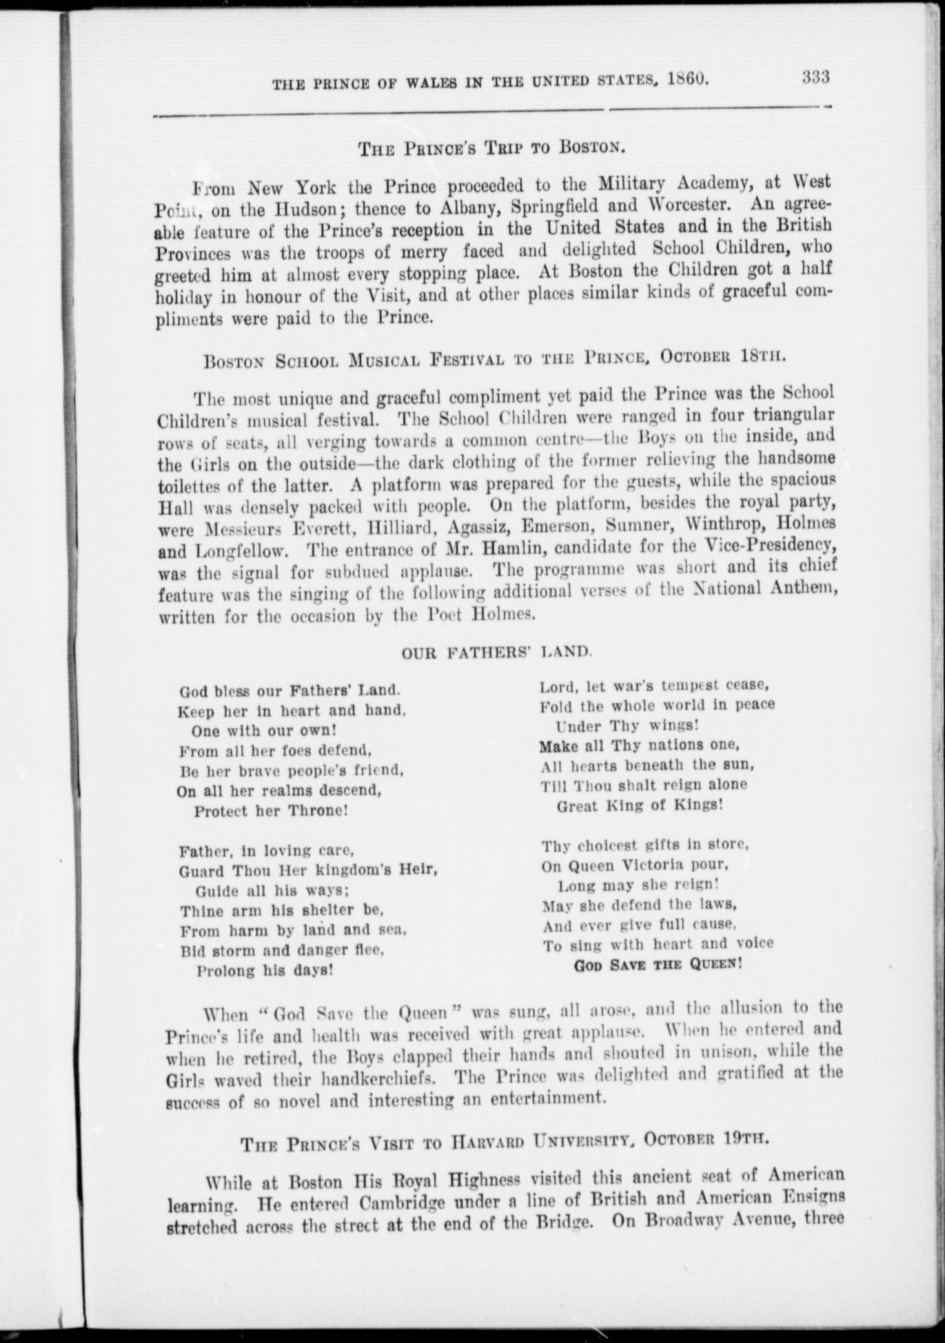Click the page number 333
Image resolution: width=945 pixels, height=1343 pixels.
[x=815, y=77]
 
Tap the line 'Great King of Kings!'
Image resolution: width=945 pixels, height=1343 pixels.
[x=639, y=805]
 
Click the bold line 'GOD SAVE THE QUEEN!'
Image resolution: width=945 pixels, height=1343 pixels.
[x=658, y=965]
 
